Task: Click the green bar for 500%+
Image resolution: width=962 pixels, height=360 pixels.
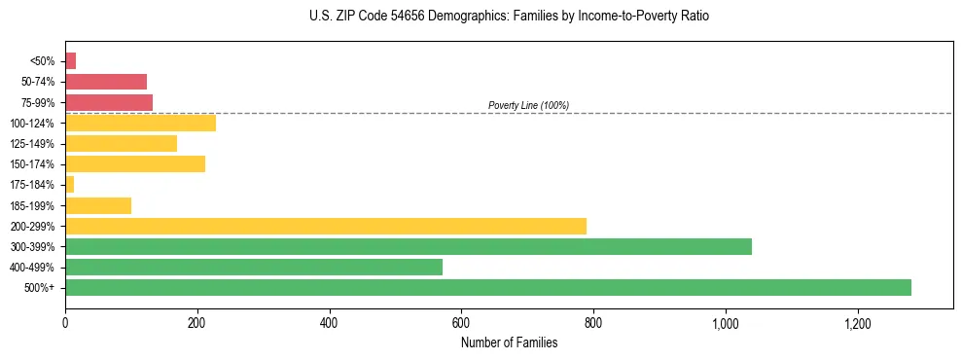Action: [487, 287]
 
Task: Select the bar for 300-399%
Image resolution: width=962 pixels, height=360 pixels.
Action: [408, 246]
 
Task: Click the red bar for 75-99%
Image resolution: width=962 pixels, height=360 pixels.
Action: [108, 102]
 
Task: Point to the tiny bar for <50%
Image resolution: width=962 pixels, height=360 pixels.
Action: [70, 61]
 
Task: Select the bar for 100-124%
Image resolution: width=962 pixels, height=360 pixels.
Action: [140, 123]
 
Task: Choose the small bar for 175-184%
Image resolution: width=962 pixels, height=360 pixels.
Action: [69, 184]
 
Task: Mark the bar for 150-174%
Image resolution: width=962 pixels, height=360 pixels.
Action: [134, 163]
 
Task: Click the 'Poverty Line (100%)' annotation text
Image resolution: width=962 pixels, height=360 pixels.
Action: [528, 105]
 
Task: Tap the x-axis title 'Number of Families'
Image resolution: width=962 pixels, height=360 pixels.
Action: [509, 342]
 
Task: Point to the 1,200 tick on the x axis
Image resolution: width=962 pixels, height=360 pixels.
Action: [857, 322]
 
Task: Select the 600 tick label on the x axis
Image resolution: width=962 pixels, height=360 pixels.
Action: [461, 322]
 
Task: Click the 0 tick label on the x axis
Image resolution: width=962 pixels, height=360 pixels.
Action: [65, 322]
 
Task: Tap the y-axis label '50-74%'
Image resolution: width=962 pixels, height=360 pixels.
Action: [38, 82]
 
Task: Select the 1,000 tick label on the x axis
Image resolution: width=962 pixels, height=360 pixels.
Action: [726, 322]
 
